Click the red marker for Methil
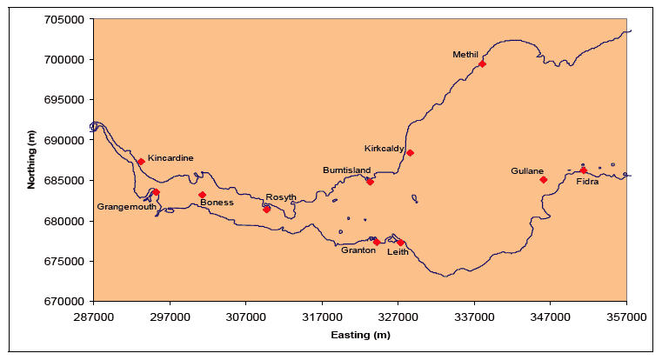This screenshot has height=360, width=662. point(482,63)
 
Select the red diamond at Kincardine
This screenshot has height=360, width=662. point(141,161)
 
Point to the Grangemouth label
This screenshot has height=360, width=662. point(126,207)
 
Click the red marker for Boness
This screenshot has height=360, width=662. point(202,195)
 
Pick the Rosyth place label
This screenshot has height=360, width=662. point(281,197)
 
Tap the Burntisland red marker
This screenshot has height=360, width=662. point(370,182)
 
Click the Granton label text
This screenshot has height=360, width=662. point(358,250)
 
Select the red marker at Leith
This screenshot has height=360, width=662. point(400,242)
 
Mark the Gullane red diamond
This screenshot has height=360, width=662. point(543,180)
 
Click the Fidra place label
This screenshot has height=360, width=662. point(587,182)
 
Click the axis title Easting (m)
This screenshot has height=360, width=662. point(360,335)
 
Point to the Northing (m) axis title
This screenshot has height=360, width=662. point(31,160)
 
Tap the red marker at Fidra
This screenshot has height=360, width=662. point(583,170)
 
